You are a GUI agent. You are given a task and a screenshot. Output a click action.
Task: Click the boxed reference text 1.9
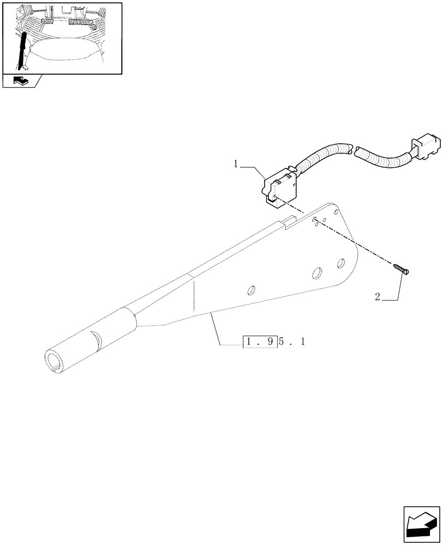pyautogui.click(x=259, y=342)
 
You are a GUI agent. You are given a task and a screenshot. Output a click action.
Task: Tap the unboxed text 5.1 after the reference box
pyautogui.click(x=292, y=342)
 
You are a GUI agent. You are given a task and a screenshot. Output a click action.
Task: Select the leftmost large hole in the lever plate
pyautogui.click(x=252, y=289)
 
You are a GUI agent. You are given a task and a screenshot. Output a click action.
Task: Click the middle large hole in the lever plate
pyautogui.click(x=317, y=274)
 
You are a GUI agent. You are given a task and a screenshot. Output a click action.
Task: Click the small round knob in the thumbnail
pyautogui.click(x=94, y=26)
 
